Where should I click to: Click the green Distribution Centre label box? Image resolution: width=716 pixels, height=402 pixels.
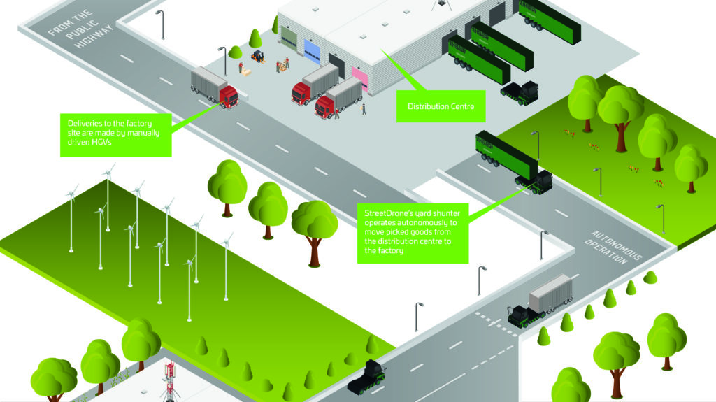coord(441,107)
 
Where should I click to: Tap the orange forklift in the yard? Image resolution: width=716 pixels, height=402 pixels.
coord(257,56)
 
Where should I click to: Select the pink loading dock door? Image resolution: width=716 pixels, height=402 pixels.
coord(359,78)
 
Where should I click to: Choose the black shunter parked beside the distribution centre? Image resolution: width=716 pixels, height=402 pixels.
coord(519,91)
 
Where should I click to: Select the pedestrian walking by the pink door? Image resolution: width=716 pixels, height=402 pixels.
coord(364,108)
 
